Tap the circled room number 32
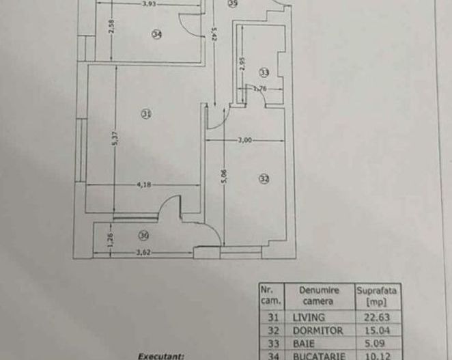coord(264,179)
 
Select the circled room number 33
coord(264,72)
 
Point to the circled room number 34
coord(157,36)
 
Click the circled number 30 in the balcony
coord(143,236)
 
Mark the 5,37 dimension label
coord(116,138)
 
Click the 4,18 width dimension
coord(143,183)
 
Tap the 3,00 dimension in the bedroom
coord(245,140)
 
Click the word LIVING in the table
coord(309,317)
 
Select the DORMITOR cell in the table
coord(315,329)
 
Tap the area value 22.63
coord(376,317)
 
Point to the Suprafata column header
coord(376,295)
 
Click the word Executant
coord(161,355)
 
